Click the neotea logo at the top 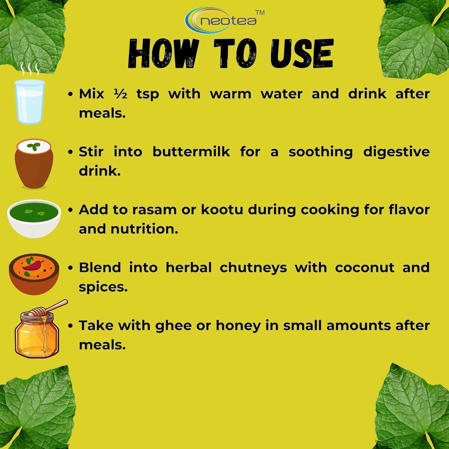(x=221, y=20)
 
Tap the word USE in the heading (x=302, y=53)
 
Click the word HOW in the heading (x=164, y=53)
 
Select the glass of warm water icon (x=29, y=101)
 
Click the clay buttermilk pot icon (x=34, y=164)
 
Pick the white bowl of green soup (x=34, y=218)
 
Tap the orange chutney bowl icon (x=34, y=274)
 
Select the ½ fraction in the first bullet (x=120, y=94)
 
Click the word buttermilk (x=191, y=151)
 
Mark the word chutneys (x=253, y=268)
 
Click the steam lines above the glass (x=30, y=69)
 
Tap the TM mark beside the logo (x=260, y=13)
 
